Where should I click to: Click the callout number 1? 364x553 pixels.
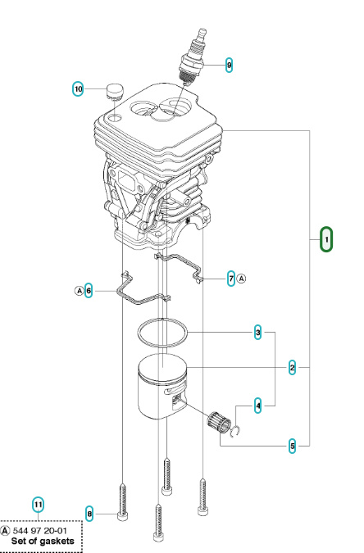point(326,239)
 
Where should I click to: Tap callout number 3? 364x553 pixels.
point(258,333)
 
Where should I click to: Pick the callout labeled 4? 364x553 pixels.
point(258,405)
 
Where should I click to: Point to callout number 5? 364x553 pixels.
point(293,446)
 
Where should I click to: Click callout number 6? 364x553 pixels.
point(89,290)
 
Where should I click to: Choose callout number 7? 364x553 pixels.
point(231,278)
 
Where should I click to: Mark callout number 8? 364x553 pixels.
point(89,514)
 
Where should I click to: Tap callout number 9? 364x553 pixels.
point(229,64)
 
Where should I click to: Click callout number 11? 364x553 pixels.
point(38,503)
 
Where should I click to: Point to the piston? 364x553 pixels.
point(163,392)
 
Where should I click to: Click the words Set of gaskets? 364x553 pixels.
point(42,542)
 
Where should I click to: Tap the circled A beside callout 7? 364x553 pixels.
point(243,278)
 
